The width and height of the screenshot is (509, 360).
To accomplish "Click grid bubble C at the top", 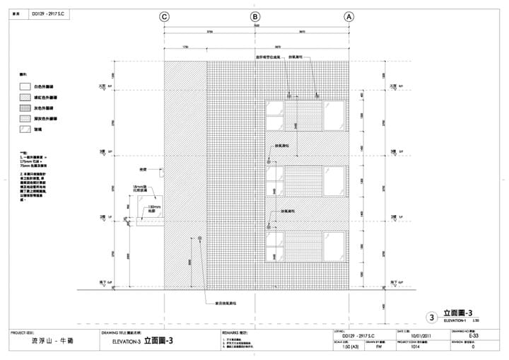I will (x=164, y=16).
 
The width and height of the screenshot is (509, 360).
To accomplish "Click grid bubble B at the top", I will (x=256, y=16).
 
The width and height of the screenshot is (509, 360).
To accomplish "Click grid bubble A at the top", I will (x=349, y=16).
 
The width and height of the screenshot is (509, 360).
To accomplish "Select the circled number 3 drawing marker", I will (x=432, y=318).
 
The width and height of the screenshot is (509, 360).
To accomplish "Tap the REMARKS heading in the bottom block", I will (x=235, y=332).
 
